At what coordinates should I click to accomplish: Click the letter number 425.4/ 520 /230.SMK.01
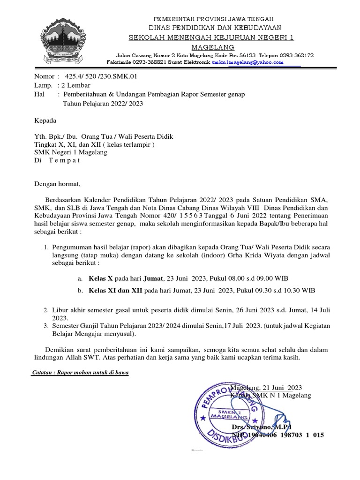[x=101, y=76]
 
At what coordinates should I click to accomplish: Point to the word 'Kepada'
[x=45, y=120]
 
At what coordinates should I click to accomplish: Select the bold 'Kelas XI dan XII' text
[x=116, y=291]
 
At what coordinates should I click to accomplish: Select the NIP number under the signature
[x=278, y=435]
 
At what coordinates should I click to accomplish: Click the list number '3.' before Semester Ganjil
[x=46, y=326]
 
